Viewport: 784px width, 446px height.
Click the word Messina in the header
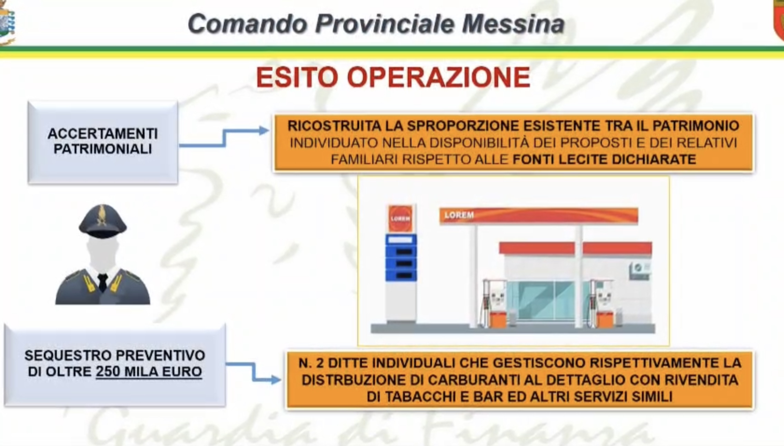point(513,24)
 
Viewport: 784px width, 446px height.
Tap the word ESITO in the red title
point(297,77)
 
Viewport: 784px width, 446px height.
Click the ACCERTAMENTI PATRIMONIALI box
point(103,142)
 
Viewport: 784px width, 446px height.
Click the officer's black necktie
point(103,282)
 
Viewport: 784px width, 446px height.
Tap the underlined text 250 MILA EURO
point(149,372)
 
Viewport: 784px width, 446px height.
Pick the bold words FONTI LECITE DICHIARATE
point(604,159)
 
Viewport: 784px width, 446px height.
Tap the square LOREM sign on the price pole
point(400,218)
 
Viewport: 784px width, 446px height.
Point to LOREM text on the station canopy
point(459,215)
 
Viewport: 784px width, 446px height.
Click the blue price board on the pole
point(401,258)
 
